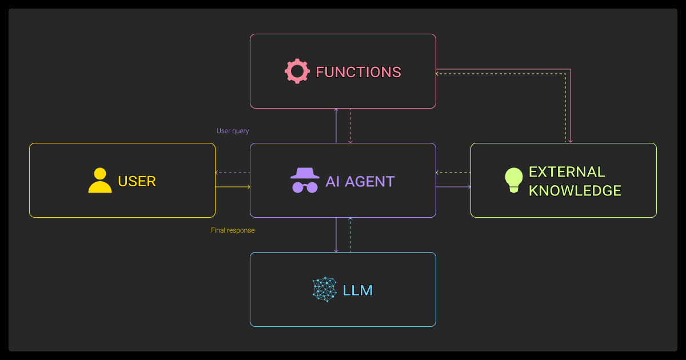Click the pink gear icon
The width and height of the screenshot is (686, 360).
click(x=297, y=72)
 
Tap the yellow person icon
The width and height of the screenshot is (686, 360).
click(x=100, y=181)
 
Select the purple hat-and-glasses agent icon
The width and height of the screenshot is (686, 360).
click(x=304, y=181)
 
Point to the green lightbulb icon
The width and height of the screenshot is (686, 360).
click(x=514, y=181)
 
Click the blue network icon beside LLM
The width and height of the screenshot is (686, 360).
click(x=325, y=290)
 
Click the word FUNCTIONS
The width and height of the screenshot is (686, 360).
click(x=358, y=73)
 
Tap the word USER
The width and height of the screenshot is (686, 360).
click(x=137, y=181)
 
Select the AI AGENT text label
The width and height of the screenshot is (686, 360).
click(x=360, y=182)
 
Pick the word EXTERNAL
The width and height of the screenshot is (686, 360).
click(x=567, y=172)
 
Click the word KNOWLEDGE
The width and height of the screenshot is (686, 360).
click(x=575, y=191)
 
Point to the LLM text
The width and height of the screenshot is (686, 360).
click(x=357, y=290)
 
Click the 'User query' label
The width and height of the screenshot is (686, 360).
click(x=233, y=131)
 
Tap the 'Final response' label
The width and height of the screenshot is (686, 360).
click(x=233, y=230)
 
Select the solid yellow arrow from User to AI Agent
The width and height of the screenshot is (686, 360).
click(x=233, y=187)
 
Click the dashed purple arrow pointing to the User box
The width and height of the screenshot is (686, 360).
click(x=233, y=173)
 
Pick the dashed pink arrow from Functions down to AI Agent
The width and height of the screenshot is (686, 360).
click(x=350, y=126)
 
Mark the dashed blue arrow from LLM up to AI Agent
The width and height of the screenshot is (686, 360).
click(x=350, y=235)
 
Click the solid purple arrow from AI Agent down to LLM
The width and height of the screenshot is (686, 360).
click(x=336, y=235)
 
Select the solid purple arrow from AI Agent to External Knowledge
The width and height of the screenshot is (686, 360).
click(x=453, y=187)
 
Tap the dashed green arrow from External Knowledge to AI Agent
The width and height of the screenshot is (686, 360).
click(x=453, y=173)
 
